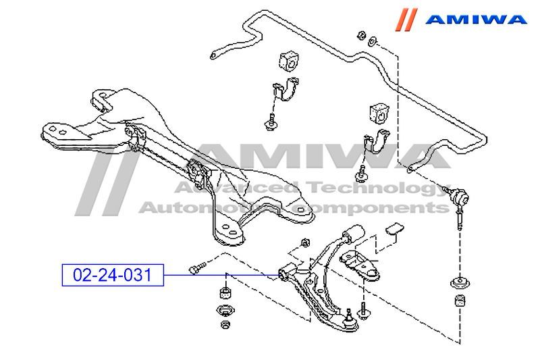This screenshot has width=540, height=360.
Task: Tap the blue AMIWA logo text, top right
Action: coord(477,19)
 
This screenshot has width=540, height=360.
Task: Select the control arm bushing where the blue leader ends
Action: coord(286,273)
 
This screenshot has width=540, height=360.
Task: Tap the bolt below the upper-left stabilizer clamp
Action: coord(271,122)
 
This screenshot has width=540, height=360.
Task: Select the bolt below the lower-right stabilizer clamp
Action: coord(363,173)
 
